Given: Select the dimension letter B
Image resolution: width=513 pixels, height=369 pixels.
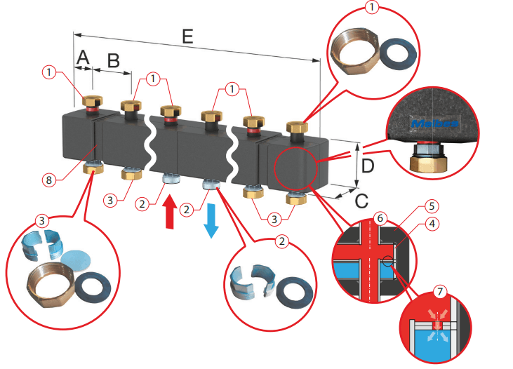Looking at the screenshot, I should (112, 60).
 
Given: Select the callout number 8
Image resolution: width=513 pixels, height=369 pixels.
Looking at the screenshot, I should (48, 180).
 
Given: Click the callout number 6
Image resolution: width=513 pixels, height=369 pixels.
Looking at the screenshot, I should (380, 218).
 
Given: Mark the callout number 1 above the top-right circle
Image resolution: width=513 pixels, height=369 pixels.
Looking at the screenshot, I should (373, 8).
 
